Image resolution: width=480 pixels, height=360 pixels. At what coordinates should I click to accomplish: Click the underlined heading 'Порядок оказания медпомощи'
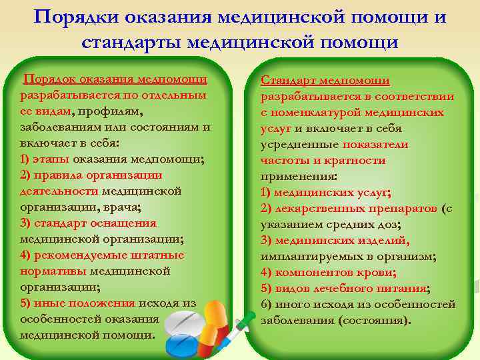coord(115,80)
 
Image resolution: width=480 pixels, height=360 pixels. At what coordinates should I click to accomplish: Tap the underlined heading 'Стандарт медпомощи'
coord(325,81)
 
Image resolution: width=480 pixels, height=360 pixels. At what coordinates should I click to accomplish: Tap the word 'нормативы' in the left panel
coord(53,271)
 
